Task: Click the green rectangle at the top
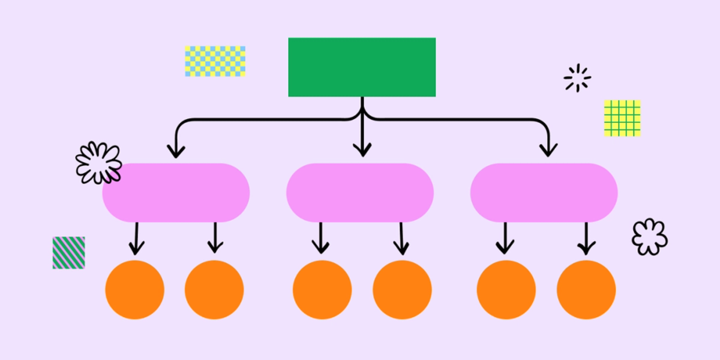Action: tap(362, 67)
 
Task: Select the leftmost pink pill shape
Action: tap(176, 193)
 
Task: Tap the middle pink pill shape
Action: tap(360, 193)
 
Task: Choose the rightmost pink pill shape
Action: tap(544, 193)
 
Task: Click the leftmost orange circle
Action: tap(134, 290)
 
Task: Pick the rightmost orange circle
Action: tap(586, 290)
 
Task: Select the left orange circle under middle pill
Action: tap(322, 290)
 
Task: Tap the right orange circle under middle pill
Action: tap(402, 290)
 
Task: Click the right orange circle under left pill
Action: tap(214, 290)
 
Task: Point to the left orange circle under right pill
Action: tap(506, 290)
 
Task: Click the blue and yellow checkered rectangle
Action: tap(215, 61)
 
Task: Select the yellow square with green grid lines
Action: tap(622, 118)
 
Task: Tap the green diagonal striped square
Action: tap(68, 253)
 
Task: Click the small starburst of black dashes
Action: tap(577, 78)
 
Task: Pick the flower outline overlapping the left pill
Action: tap(98, 163)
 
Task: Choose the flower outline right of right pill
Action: tap(649, 236)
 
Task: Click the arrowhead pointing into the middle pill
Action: tap(362, 150)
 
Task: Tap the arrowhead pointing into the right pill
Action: tap(548, 150)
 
